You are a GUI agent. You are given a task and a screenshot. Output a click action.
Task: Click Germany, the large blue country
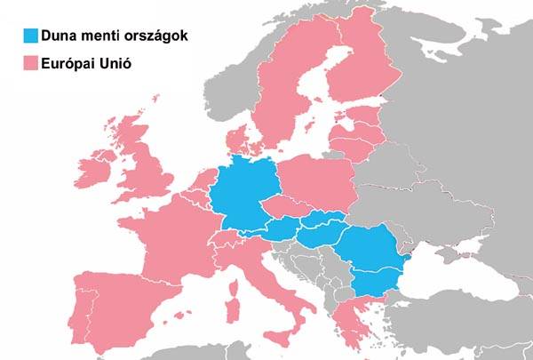(x=240, y=191)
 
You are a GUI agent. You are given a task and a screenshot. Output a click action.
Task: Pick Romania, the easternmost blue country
(x=373, y=249)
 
